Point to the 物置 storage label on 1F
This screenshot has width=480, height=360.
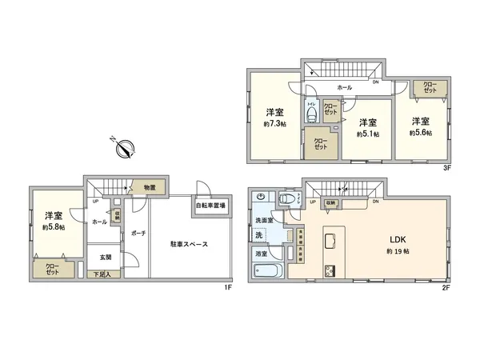[150, 187]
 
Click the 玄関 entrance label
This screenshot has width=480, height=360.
[106, 258]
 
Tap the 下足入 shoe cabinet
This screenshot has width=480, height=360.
[105, 274]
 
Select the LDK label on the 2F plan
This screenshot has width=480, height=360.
[375, 239]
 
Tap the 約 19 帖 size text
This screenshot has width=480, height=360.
[375, 252]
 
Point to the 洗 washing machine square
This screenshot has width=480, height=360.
[259, 234]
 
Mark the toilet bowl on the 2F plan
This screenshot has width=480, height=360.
[286, 199]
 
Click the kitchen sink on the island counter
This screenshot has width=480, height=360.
[330, 239]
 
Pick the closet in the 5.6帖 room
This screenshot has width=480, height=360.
[430, 88]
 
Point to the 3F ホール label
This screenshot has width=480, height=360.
[344, 86]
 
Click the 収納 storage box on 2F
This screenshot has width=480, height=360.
[330, 203]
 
